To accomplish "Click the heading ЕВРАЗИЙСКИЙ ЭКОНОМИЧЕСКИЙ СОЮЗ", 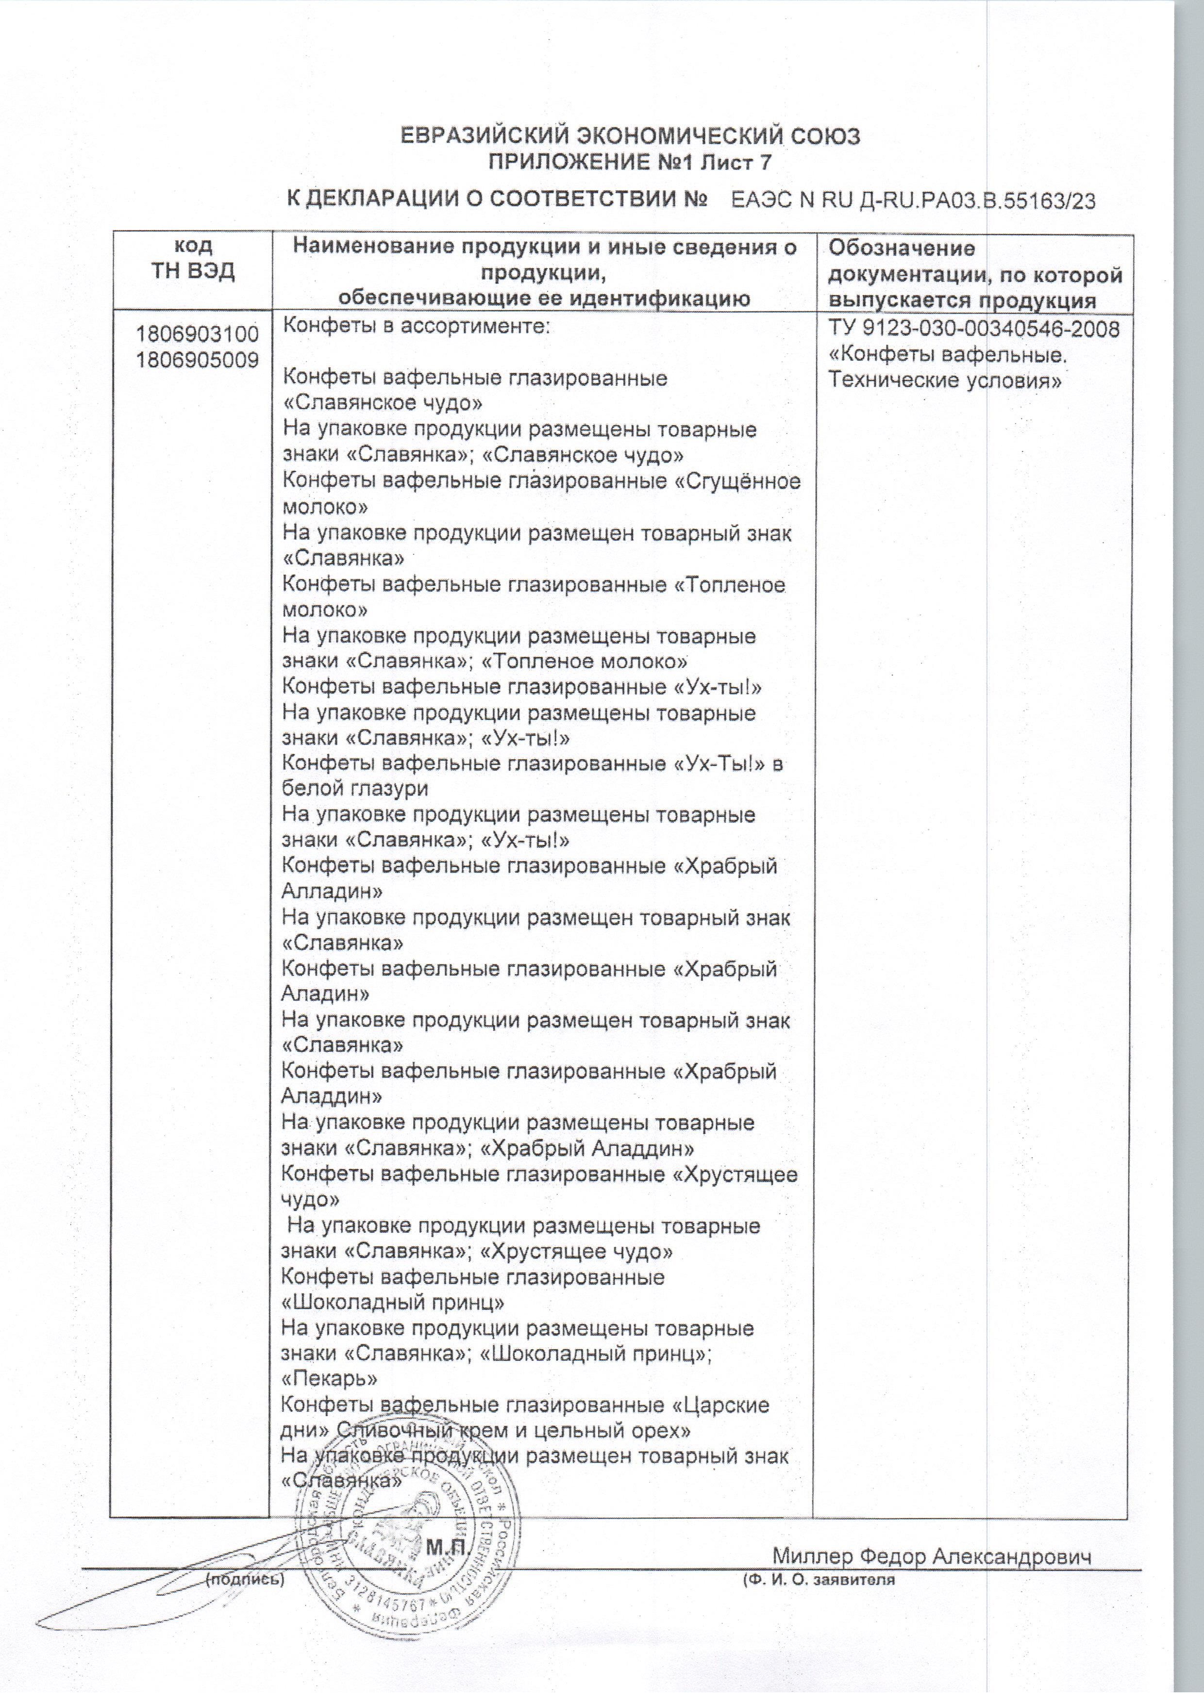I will (x=630, y=137).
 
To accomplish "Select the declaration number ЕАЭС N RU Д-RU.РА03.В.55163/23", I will (x=913, y=201).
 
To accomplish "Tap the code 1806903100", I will (x=197, y=333).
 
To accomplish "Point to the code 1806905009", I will (x=197, y=360).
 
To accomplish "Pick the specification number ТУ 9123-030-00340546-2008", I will (x=973, y=329).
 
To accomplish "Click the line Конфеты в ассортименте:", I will (x=417, y=326).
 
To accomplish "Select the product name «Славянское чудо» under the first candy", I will (x=384, y=403).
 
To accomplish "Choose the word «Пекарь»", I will (x=330, y=1379).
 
